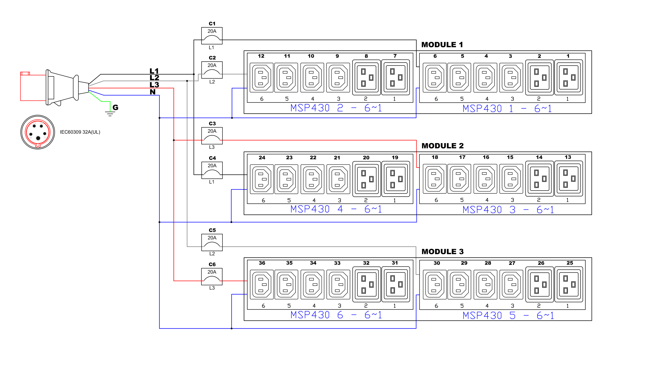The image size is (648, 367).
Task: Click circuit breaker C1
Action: [212, 36]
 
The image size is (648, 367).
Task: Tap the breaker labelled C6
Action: [212, 277]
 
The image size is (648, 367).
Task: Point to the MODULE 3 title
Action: [442, 252]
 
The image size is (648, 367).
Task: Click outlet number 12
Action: [261, 77]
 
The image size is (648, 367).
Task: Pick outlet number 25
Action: [569, 284]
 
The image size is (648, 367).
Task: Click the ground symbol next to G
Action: [110, 113]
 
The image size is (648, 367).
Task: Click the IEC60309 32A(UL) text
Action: [80, 132]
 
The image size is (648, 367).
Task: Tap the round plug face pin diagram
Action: [38, 132]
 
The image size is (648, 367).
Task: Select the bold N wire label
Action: [153, 92]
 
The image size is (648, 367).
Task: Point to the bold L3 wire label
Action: [154, 85]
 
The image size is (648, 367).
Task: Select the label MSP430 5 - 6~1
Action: [508, 316]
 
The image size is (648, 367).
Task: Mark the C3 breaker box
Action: [212, 136]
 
